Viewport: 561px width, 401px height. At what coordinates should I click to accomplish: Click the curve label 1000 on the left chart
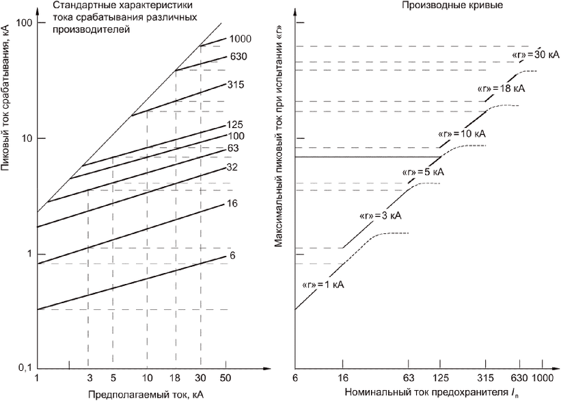(x=241, y=39)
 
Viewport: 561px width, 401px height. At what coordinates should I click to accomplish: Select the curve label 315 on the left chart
(x=236, y=85)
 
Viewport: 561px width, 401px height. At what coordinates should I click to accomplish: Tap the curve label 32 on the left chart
(x=232, y=168)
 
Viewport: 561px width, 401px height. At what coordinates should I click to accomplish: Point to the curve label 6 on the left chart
(x=232, y=255)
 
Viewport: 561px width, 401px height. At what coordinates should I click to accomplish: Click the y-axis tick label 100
(x=24, y=23)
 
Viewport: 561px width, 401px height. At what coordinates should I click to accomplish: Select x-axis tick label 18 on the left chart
(x=176, y=378)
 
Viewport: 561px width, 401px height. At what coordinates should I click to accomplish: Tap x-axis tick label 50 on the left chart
(x=225, y=378)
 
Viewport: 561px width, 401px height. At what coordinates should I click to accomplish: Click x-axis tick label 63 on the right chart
(x=408, y=378)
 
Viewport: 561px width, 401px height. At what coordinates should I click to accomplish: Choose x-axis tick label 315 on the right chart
(x=486, y=378)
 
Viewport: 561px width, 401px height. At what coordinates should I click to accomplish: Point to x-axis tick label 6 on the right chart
(x=295, y=378)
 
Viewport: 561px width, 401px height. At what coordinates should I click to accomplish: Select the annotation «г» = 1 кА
(x=323, y=285)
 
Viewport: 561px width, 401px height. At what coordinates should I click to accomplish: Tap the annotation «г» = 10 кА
(x=462, y=134)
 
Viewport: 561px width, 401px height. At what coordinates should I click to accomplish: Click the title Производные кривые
(x=452, y=5)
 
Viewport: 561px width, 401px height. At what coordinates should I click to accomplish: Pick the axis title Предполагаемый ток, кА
(x=146, y=394)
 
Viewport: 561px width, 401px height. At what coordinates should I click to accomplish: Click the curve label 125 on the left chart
(x=234, y=125)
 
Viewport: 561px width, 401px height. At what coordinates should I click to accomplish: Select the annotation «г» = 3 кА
(x=381, y=216)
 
